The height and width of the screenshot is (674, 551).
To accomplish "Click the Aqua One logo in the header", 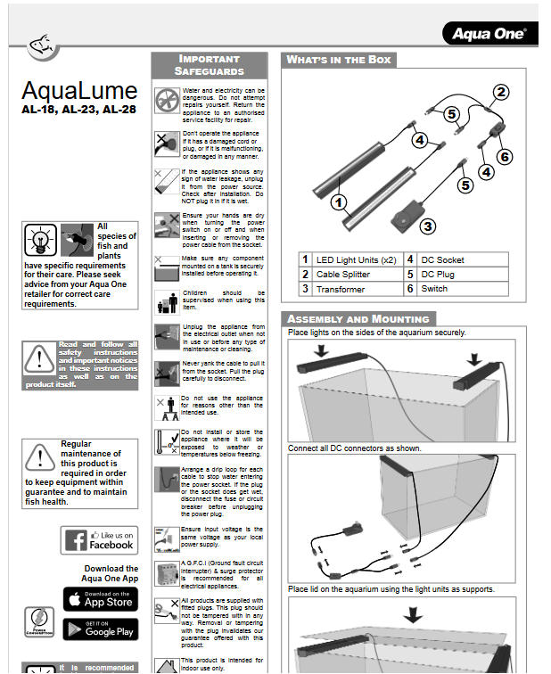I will pyautogui.click(x=489, y=34).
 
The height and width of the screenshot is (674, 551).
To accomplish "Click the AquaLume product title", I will pyautogui.click(x=79, y=91).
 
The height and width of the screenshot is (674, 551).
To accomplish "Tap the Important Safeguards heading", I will pyautogui.click(x=209, y=65).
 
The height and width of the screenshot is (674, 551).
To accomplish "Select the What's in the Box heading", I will pyautogui.click(x=339, y=60).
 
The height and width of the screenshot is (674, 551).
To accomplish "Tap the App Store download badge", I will pyautogui.click(x=100, y=599).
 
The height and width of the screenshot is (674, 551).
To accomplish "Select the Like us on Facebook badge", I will pyautogui.click(x=100, y=540).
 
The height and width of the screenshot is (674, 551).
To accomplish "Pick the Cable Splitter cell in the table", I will pyautogui.click(x=348, y=275).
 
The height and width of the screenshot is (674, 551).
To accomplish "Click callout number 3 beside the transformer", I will pyautogui.click(x=428, y=226).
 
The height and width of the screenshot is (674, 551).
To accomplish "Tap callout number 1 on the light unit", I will pyautogui.click(x=338, y=201).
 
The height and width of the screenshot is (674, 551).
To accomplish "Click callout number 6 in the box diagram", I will pyautogui.click(x=505, y=156).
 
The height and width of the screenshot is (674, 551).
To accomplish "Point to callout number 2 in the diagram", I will pyautogui.click(x=501, y=92).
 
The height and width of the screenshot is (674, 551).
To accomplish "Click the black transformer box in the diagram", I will pyautogui.click(x=402, y=219).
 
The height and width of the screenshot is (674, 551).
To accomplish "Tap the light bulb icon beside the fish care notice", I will pyautogui.click(x=38, y=241).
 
